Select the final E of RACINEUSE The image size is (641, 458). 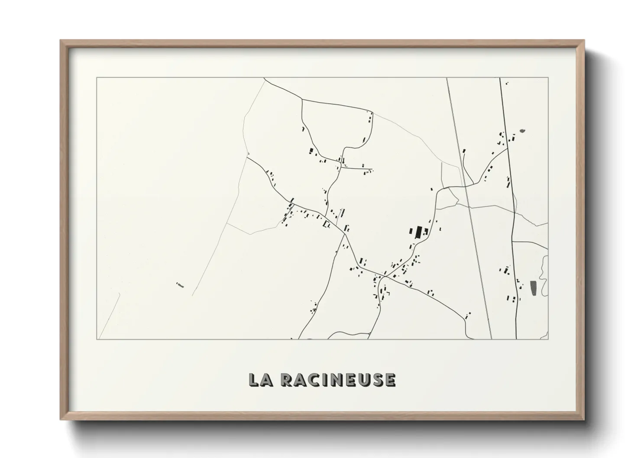390,380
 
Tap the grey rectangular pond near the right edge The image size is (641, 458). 533,288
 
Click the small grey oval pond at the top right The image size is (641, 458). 522,130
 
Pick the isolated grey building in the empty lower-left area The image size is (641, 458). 180,285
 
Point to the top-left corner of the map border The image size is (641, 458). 97,78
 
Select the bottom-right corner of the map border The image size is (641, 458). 548,339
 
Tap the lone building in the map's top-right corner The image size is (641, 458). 507,83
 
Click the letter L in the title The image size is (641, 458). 254,380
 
